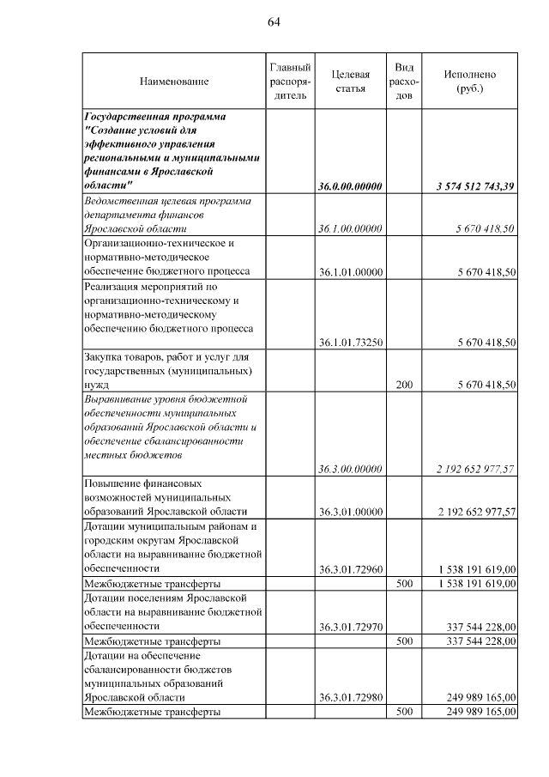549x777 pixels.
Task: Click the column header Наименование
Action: (x=174, y=82)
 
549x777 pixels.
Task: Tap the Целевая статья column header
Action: (x=350, y=82)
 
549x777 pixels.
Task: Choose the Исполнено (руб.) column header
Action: (x=469, y=82)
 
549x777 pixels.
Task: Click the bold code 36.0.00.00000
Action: (x=349, y=186)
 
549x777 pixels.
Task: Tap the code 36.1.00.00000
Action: (x=349, y=228)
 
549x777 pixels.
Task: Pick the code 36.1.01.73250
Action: (x=349, y=342)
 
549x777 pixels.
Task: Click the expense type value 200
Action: (x=404, y=385)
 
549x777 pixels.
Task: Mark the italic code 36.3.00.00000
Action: (x=349, y=469)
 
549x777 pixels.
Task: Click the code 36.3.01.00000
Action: (x=349, y=512)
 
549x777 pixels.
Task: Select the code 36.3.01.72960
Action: (x=349, y=568)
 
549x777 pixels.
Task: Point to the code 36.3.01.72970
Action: (x=349, y=626)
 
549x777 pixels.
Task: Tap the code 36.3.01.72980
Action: (x=349, y=697)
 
